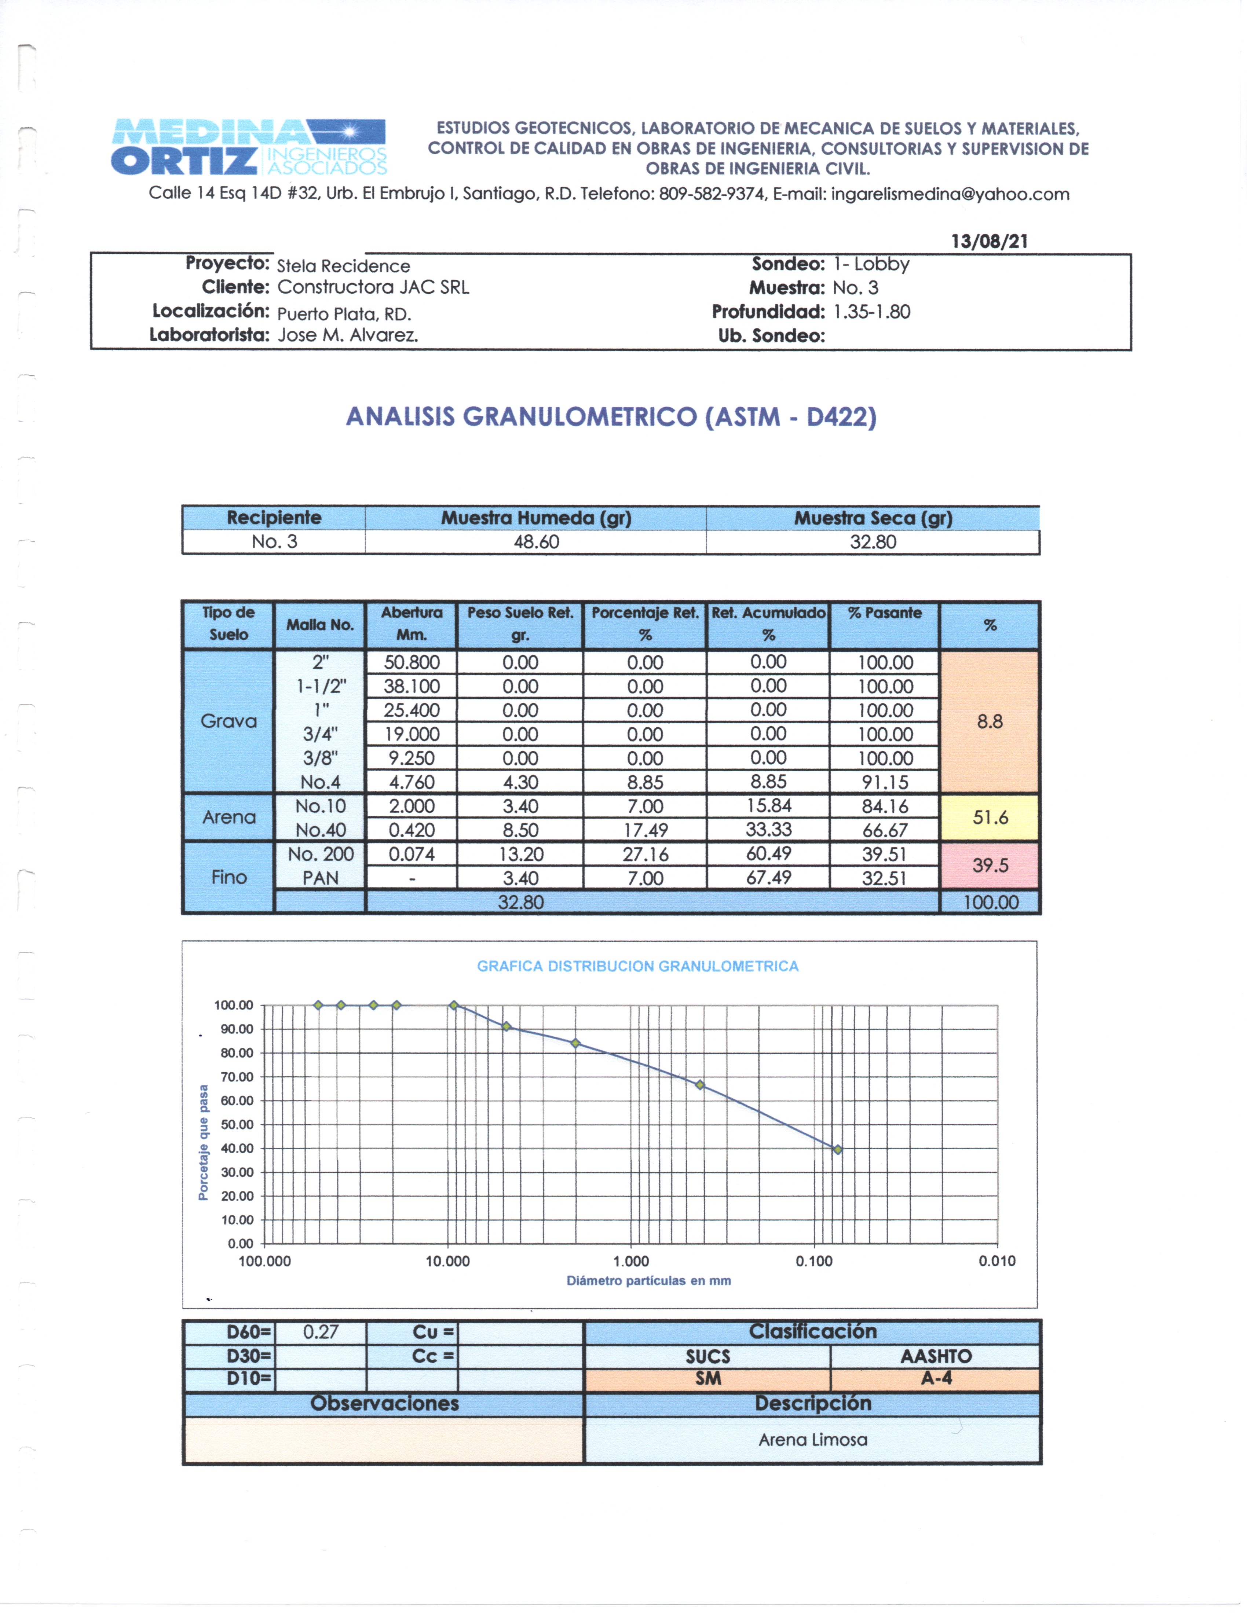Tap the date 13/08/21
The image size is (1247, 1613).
[x=989, y=242]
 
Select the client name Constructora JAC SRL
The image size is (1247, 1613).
[x=373, y=287]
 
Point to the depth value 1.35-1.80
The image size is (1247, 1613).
[x=872, y=312]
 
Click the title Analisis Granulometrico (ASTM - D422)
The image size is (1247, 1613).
[x=611, y=417]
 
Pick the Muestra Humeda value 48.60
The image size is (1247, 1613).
[x=536, y=542]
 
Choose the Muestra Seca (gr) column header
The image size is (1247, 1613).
[x=873, y=518]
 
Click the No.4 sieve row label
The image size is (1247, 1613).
[x=321, y=782]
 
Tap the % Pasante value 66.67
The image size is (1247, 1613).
[x=885, y=830]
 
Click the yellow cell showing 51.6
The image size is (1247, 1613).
[x=990, y=817]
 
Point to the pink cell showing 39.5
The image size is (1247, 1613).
[x=990, y=866]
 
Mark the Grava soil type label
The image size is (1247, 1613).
[x=229, y=721]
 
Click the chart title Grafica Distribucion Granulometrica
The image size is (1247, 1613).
[x=637, y=966]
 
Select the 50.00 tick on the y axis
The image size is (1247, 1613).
[x=237, y=1125]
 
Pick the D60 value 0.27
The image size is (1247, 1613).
[x=321, y=1332]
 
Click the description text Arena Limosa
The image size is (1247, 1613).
[x=813, y=1440]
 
